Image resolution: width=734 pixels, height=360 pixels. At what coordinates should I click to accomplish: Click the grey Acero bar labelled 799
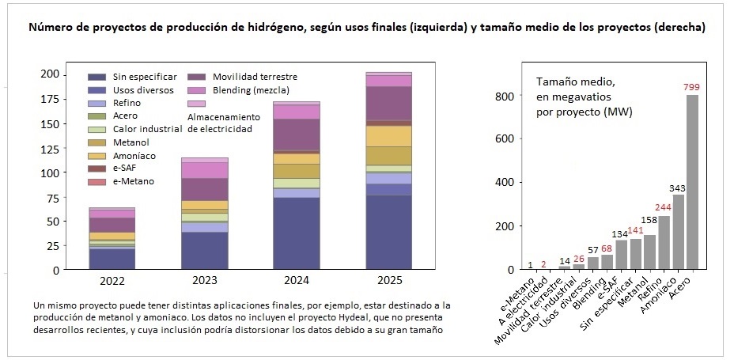tap(692, 182)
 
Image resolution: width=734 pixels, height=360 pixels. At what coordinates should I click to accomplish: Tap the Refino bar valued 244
tap(664, 243)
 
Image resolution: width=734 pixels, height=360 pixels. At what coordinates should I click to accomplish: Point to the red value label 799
tap(692, 87)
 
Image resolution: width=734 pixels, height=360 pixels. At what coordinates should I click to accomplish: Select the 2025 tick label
tap(388, 281)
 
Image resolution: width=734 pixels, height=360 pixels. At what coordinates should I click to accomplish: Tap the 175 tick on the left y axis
tap(50, 99)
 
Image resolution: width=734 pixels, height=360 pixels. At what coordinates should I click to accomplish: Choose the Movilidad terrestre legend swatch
tap(196, 77)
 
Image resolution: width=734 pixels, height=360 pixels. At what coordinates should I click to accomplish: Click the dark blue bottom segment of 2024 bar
tap(297, 233)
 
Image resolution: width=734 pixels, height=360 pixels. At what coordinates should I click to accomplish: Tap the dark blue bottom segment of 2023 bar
tap(204, 250)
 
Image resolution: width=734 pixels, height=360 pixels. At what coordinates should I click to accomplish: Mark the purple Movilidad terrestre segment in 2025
tap(388, 103)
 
